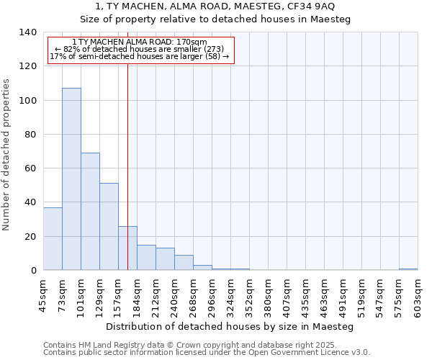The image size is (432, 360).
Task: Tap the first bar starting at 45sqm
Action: [x=53, y=238]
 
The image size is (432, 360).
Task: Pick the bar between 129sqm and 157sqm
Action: [x=109, y=226]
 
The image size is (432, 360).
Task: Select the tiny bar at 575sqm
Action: [x=408, y=269]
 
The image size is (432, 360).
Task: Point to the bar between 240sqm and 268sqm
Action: [x=184, y=262]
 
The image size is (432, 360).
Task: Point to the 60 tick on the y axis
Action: [x=30, y=168]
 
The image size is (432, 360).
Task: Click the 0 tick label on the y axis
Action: [x=33, y=271]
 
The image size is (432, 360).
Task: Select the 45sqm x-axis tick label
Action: [x=44, y=294]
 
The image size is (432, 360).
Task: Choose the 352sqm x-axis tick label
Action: [x=250, y=296]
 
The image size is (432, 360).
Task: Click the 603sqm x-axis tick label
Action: [x=418, y=296]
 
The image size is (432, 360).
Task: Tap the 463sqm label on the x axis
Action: [x=325, y=296]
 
